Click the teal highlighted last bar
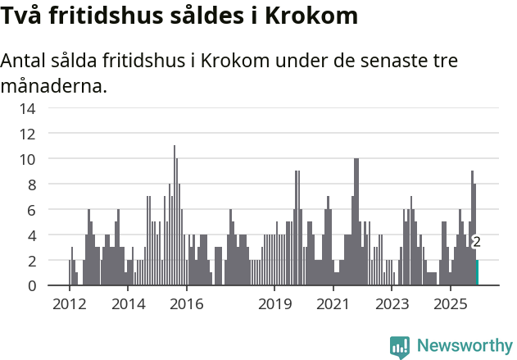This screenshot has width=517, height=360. tap(478, 272)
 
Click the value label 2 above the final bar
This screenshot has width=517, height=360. tap(476, 242)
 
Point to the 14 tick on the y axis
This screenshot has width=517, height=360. tap(28, 107)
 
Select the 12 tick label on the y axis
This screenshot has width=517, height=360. tap(28, 133)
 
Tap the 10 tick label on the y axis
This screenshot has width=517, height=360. tap(28, 158)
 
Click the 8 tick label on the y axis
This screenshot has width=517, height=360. tap(31, 184)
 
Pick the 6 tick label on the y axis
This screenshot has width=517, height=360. tap(31, 210)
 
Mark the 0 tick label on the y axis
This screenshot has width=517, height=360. tap(31, 285)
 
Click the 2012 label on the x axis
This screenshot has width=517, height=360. tap(69, 304)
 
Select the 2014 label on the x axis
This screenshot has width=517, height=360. tap(128, 304)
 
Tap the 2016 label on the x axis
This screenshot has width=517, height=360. tap(187, 304)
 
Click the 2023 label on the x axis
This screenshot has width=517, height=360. tap(392, 304)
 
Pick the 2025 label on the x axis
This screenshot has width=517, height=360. tap(451, 304)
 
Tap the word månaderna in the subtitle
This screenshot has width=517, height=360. tap(53, 85)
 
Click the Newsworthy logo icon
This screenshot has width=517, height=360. tap(400, 347)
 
